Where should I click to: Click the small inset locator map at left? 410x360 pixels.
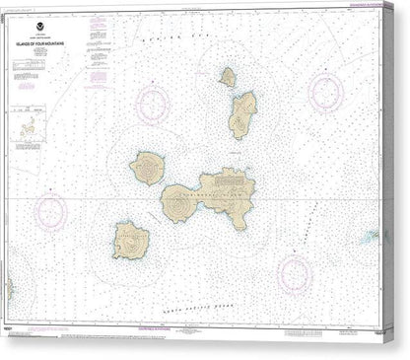[30, 126]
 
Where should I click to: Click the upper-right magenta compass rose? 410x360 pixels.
[325, 94]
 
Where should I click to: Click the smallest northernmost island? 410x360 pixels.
[228, 77]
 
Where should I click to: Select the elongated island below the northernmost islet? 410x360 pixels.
[242, 114]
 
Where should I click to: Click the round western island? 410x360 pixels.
[149, 169]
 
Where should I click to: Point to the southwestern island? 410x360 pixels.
[130, 240]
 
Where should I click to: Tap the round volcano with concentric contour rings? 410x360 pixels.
[179, 203]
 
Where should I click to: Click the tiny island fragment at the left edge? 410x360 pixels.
[8, 289]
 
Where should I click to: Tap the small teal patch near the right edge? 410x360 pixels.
[371, 237]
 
